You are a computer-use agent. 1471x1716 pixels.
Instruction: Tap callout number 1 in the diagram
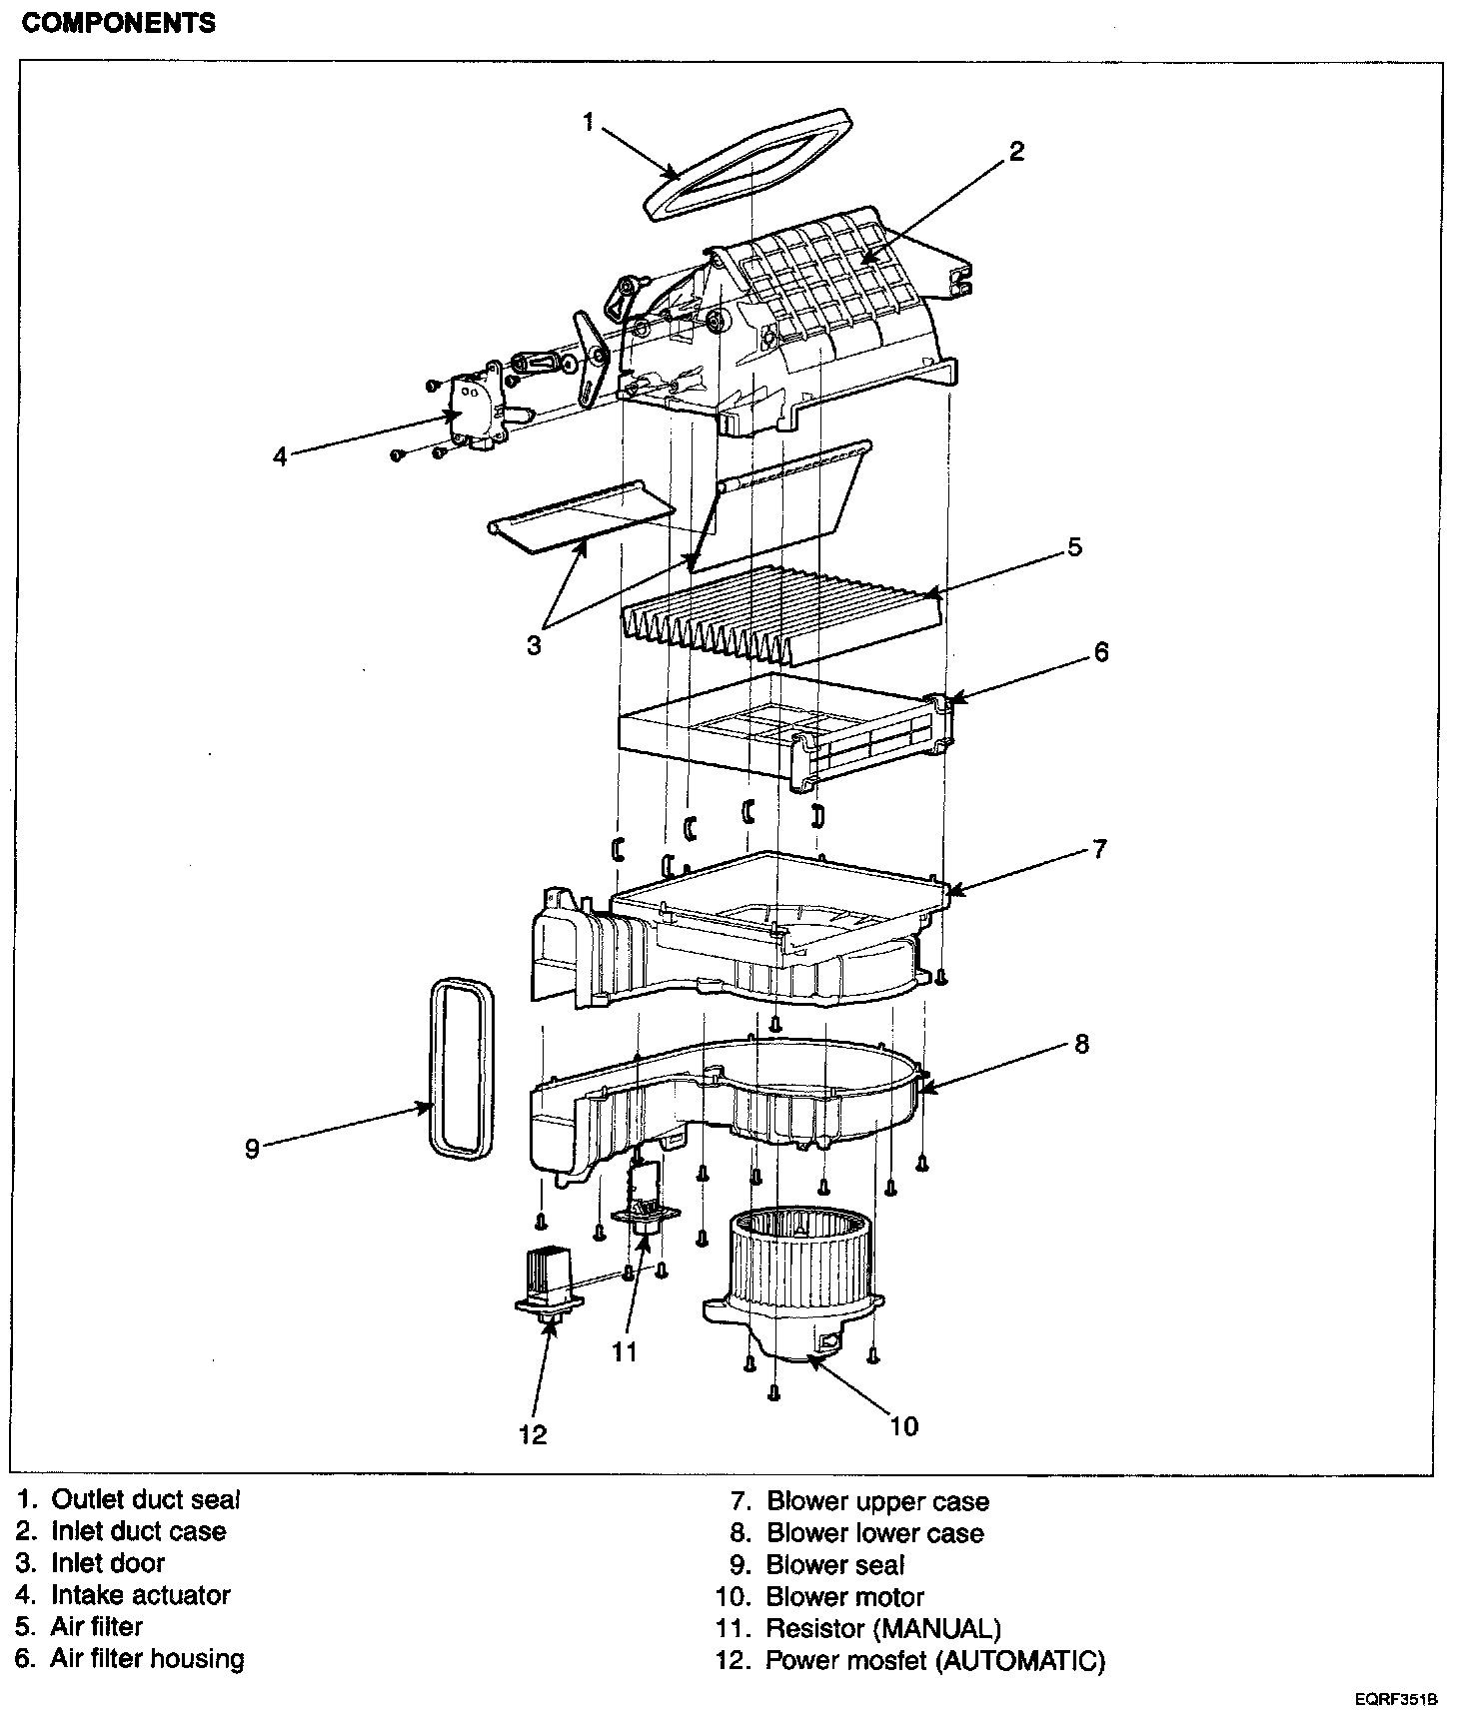[x=589, y=123]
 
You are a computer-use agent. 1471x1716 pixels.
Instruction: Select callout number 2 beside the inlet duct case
[x=1015, y=152]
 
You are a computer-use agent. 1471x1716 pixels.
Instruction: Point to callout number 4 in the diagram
[x=281, y=456]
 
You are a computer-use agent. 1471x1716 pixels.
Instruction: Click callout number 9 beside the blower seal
[x=252, y=1149]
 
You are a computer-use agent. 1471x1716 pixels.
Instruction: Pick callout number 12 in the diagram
[x=533, y=1434]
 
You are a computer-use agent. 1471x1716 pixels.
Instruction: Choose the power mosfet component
[x=549, y=1285]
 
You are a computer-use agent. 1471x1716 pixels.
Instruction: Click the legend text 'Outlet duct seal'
[x=146, y=1499]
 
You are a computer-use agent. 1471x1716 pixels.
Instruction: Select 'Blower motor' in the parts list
[x=844, y=1597]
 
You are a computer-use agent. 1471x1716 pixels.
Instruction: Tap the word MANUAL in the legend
[x=937, y=1629]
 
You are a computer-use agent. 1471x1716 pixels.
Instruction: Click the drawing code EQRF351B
[x=1396, y=1699]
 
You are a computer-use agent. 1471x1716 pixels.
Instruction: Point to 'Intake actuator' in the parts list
[x=140, y=1595]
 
